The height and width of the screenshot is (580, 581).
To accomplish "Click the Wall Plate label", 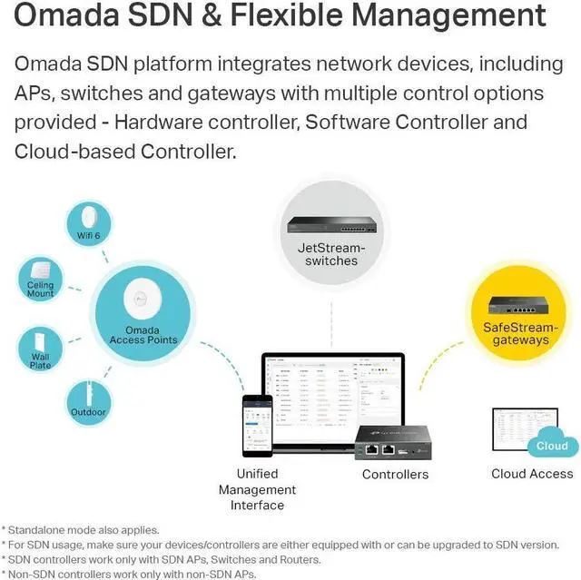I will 40,360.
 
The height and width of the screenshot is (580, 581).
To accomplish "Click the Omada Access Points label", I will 143,335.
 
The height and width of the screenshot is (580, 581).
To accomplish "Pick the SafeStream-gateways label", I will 521,333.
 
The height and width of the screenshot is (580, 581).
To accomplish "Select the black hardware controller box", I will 392,441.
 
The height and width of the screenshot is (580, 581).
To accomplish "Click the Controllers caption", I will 395,474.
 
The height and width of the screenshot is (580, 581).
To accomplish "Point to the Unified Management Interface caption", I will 258,489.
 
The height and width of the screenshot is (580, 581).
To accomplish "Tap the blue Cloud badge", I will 551,446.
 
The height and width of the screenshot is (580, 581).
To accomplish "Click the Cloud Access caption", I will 532,473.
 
